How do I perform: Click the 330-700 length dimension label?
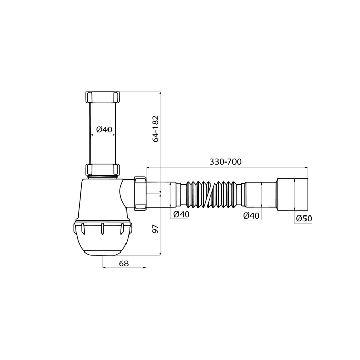tap(225, 162)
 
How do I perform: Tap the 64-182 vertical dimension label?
tap(156, 129)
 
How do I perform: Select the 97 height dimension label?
tap(156, 229)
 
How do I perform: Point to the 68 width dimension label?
tap(124, 263)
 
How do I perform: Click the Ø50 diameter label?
tap(304, 218)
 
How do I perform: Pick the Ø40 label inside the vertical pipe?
tap(104, 129)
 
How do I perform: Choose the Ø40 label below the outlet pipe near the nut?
tap(182, 214)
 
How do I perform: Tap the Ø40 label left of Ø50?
tap(251, 215)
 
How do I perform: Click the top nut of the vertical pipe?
tap(103, 97)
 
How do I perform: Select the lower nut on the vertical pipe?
tap(103, 169)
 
